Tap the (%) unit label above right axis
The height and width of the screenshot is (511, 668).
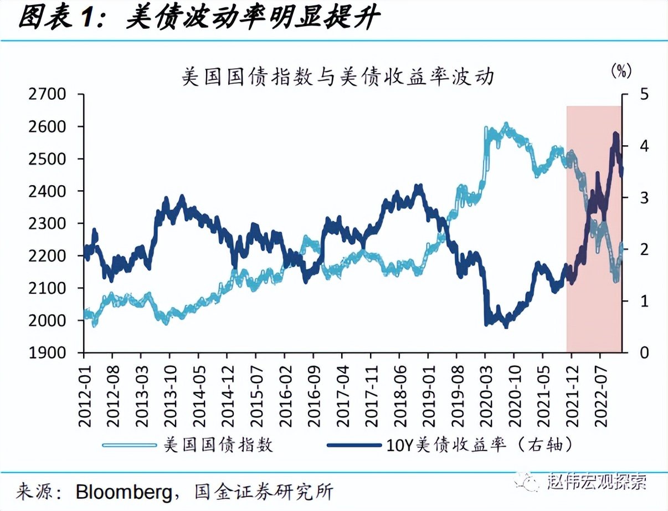[x=621, y=70]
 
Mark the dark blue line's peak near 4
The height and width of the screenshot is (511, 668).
[x=615, y=134]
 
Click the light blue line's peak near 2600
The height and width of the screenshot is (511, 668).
[x=505, y=124]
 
